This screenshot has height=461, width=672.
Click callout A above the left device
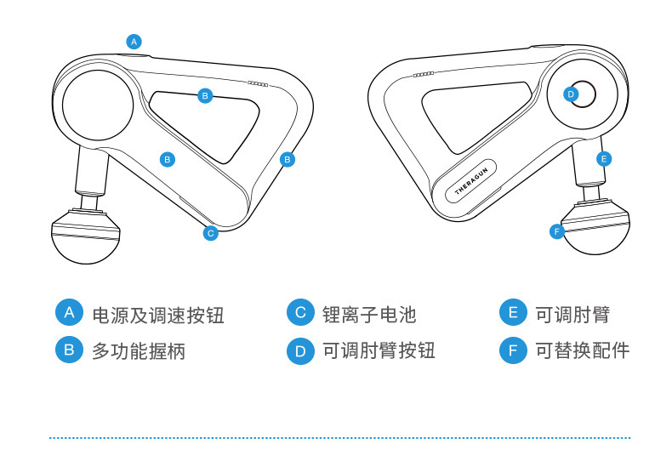click(x=134, y=42)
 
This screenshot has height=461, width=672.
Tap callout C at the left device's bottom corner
click(x=210, y=233)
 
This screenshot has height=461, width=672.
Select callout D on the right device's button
click(x=571, y=94)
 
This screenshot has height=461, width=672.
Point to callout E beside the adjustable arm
click(x=604, y=159)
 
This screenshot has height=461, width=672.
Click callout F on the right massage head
click(x=556, y=232)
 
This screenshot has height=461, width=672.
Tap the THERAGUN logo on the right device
click(x=471, y=181)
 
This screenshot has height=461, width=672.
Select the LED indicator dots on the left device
click(x=258, y=84)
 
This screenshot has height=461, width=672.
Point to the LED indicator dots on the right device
click(x=424, y=75)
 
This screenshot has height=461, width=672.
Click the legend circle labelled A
click(x=69, y=312)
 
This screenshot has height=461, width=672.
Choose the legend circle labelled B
click(x=69, y=350)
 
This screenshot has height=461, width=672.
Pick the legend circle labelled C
click(x=300, y=312)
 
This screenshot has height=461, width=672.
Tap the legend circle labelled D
click(x=300, y=351)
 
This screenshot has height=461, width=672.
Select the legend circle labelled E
click(x=513, y=312)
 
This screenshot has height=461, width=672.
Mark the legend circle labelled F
click(x=513, y=350)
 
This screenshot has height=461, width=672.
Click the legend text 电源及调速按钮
click(x=158, y=316)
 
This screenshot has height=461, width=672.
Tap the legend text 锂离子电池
click(x=369, y=315)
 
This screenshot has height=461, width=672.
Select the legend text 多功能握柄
click(x=139, y=351)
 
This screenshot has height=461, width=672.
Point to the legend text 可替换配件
click(x=583, y=350)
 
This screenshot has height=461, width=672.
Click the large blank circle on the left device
click(x=98, y=105)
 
